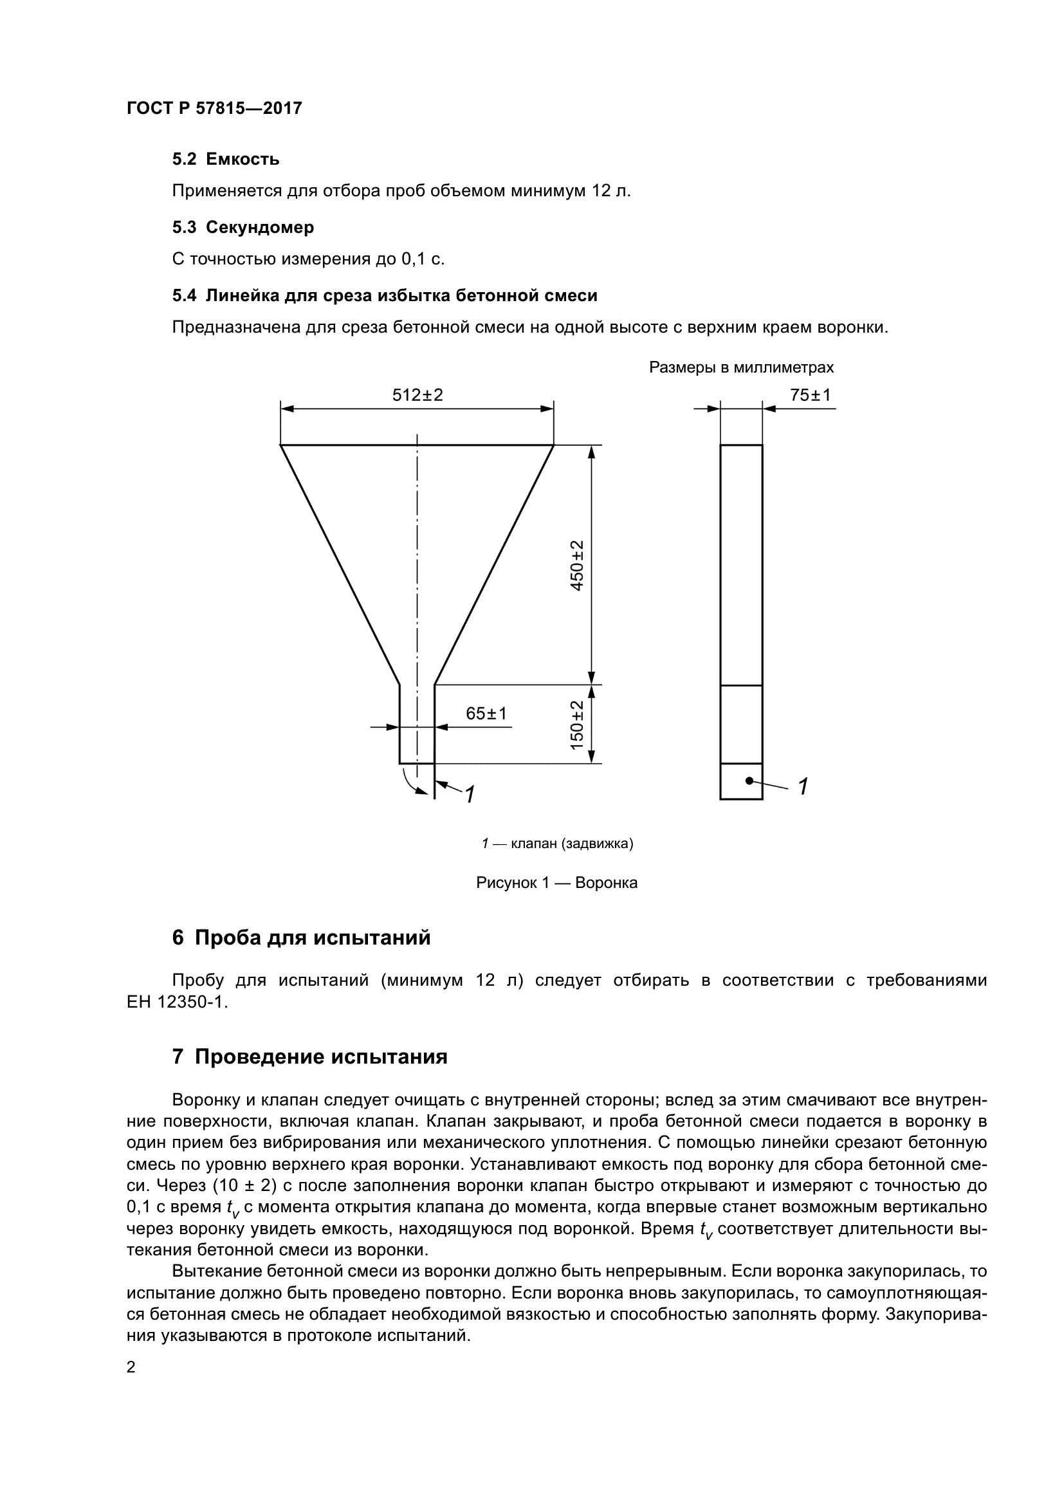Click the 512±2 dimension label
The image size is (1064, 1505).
pyautogui.click(x=417, y=394)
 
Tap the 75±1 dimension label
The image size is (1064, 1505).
pyautogui.click(x=810, y=394)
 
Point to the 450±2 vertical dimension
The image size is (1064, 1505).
pyautogui.click(x=577, y=565)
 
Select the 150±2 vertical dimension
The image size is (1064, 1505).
pyautogui.click(x=577, y=725)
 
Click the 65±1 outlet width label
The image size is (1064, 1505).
pyautogui.click(x=486, y=713)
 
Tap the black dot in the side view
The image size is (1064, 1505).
pyautogui.click(x=749, y=780)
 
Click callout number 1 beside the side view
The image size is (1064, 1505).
pyautogui.click(x=803, y=786)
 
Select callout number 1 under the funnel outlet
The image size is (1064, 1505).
pyautogui.click(x=470, y=795)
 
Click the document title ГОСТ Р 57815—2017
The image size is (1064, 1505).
pyautogui.click(x=214, y=108)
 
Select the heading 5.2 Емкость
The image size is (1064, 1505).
pyautogui.click(x=226, y=160)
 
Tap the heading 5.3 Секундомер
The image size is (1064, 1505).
pyautogui.click(x=243, y=227)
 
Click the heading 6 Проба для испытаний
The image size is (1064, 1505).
pyautogui.click(x=301, y=937)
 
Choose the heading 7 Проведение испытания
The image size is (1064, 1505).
pyautogui.click(x=310, y=1057)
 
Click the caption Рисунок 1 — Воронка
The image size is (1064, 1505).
pyautogui.click(x=556, y=882)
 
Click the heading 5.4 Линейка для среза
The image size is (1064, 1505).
pyautogui.click(x=385, y=295)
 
